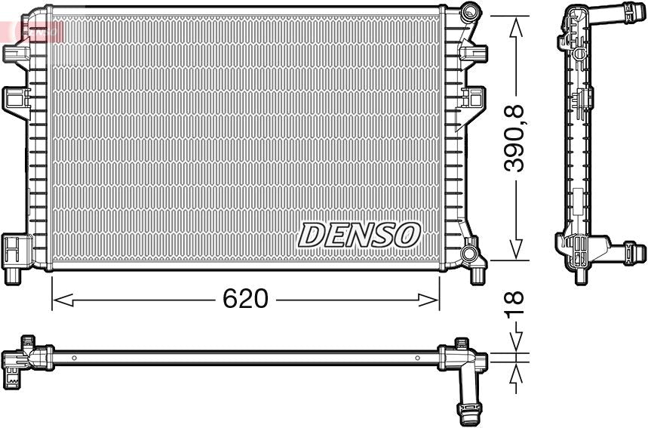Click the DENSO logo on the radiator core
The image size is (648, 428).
tap(358, 235)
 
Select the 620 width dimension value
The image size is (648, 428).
tap(245, 299)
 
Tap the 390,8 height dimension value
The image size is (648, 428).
tap(515, 139)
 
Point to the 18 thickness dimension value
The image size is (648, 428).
tap(515, 305)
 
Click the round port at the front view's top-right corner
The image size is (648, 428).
tap(470, 12)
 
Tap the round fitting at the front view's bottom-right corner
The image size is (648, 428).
tap(470, 253)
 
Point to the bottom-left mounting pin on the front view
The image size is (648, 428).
tap(13, 275)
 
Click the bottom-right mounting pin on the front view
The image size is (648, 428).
tap(478, 275)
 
